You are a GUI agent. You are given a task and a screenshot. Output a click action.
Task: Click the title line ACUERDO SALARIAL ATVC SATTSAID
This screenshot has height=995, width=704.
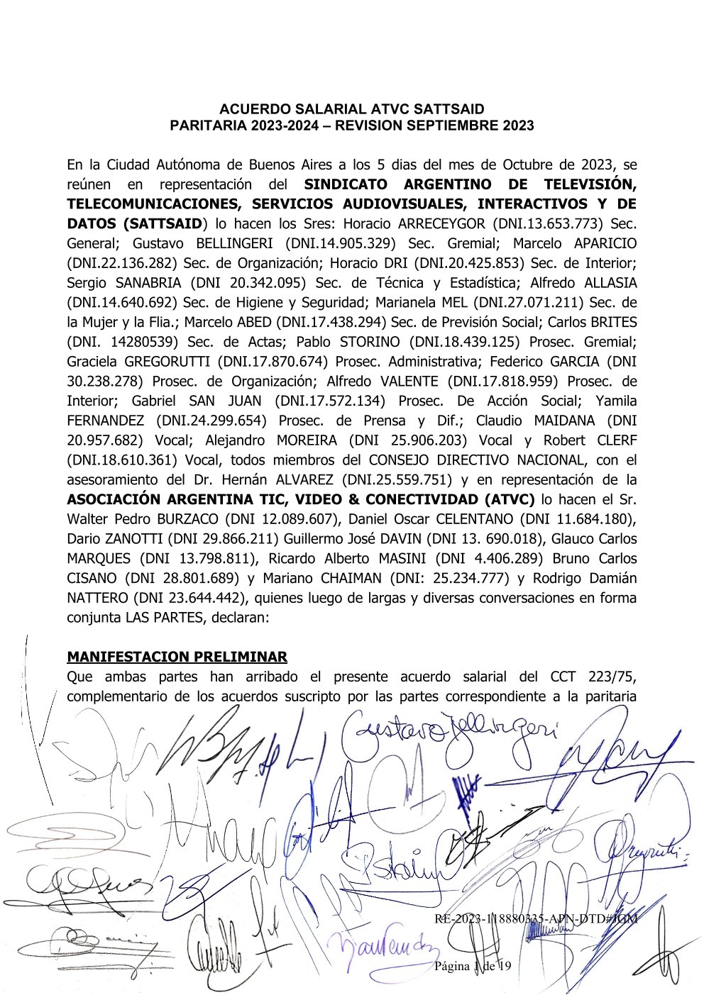(352, 109)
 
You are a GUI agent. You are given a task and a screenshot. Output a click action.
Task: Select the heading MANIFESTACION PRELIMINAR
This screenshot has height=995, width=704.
(177, 657)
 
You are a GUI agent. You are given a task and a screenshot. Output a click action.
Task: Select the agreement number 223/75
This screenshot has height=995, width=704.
(606, 677)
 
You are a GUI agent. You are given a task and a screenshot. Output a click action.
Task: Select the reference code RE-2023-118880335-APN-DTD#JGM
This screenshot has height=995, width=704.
(535, 918)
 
